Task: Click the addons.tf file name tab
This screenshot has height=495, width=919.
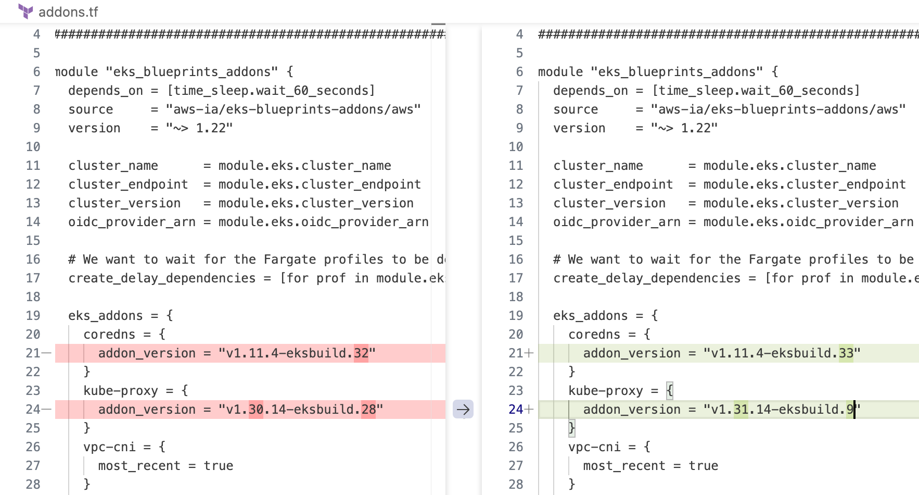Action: click(68, 12)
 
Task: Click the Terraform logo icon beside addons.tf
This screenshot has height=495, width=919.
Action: click(25, 11)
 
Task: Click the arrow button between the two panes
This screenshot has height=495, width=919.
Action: click(463, 410)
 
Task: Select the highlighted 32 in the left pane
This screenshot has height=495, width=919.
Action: click(361, 353)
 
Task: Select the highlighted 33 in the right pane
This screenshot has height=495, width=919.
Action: click(846, 353)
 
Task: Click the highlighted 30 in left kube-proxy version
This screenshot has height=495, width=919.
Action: click(256, 410)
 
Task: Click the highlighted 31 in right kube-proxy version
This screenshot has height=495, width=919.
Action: click(741, 410)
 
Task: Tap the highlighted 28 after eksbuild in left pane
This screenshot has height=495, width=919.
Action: click(368, 410)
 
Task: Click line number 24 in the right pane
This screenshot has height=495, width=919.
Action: click(516, 410)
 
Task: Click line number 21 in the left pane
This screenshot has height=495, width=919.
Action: click(33, 353)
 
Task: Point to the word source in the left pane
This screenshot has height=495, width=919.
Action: click(91, 109)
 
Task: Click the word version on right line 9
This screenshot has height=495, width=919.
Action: click(579, 128)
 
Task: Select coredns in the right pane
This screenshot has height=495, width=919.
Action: click(594, 335)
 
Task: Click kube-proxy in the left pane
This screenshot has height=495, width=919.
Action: click(121, 391)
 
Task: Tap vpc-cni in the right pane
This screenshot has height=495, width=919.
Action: click(594, 447)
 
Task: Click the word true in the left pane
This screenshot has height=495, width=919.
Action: click(219, 466)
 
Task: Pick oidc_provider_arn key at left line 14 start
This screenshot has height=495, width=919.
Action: click(132, 222)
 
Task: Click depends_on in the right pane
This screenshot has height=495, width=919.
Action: click(591, 91)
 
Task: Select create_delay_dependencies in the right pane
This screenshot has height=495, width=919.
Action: click(647, 278)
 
